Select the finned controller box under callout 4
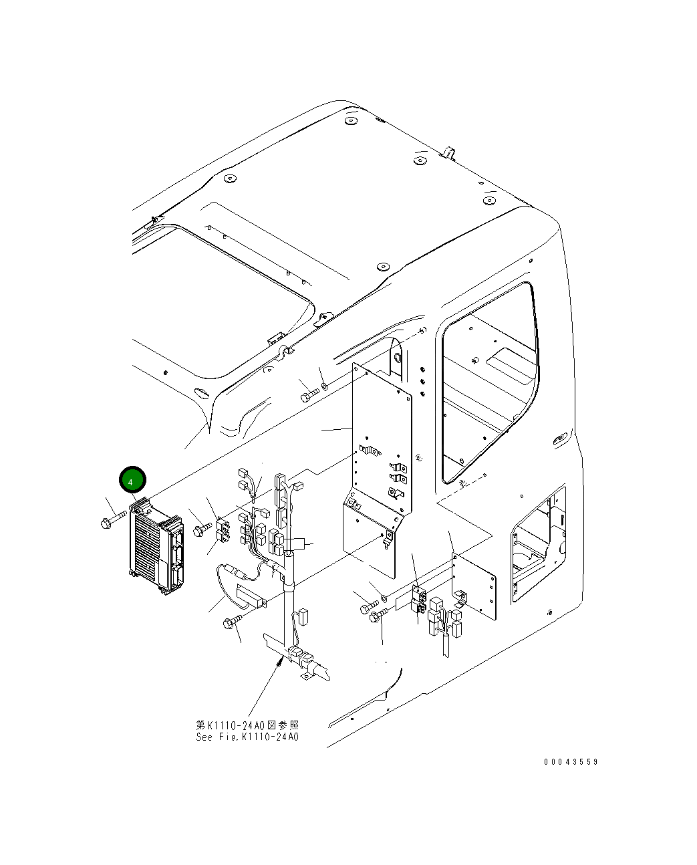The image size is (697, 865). [155, 547]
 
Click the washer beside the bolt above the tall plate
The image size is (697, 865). [324, 386]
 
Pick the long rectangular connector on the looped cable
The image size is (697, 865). [250, 595]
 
